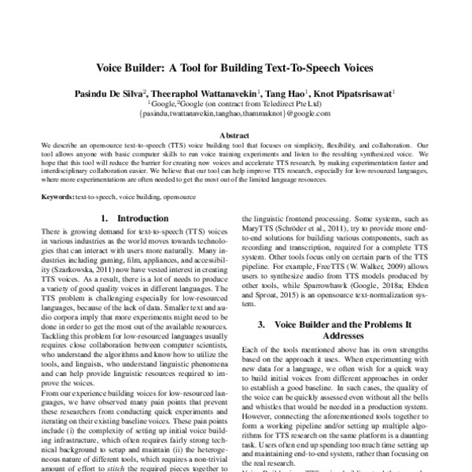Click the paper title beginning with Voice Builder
point(235,68)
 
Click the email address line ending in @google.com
point(235,113)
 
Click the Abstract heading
point(235,135)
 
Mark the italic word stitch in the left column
point(157,467)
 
